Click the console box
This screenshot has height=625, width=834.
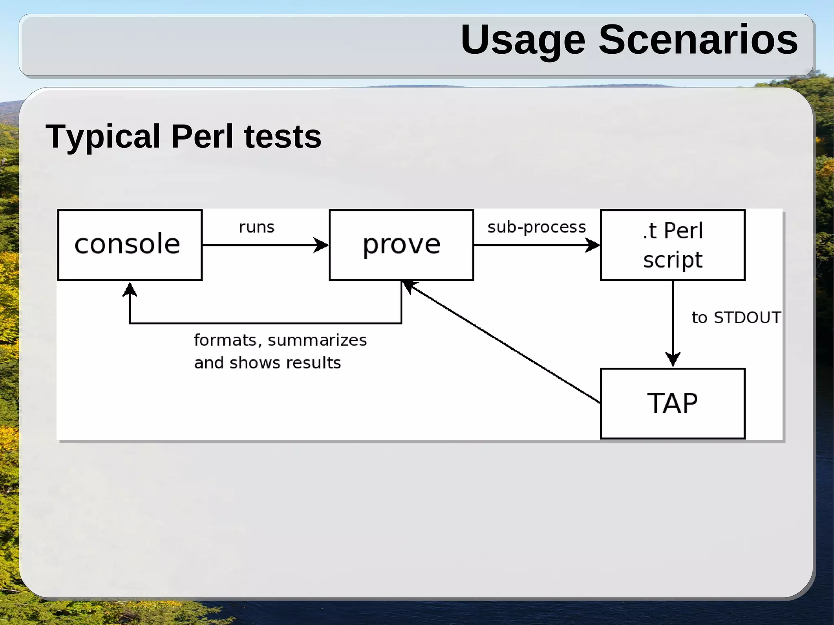(x=129, y=245)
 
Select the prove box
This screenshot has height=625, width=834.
(x=401, y=245)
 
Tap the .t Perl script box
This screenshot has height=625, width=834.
(x=673, y=245)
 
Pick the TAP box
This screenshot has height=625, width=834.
(x=673, y=403)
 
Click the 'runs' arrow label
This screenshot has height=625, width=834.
(x=257, y=227)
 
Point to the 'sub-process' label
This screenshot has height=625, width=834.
(x=536, y=227)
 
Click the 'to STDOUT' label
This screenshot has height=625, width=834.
(x=736, y=318)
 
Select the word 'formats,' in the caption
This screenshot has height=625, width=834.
(x=228, y=340)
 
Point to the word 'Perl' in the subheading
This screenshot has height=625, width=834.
(x=202, y=136)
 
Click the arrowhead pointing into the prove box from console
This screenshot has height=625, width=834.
(x=322, y=245)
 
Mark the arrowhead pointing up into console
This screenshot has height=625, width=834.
(x=129, y=289)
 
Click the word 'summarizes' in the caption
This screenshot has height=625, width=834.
(x=317, y=340)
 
